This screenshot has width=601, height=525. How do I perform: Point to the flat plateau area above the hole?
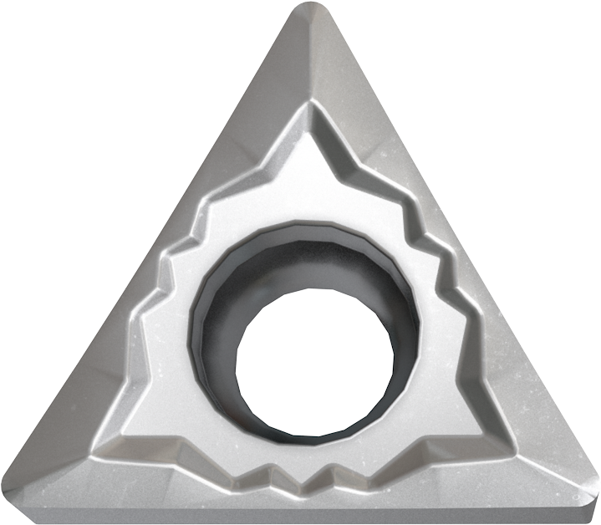309,176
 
